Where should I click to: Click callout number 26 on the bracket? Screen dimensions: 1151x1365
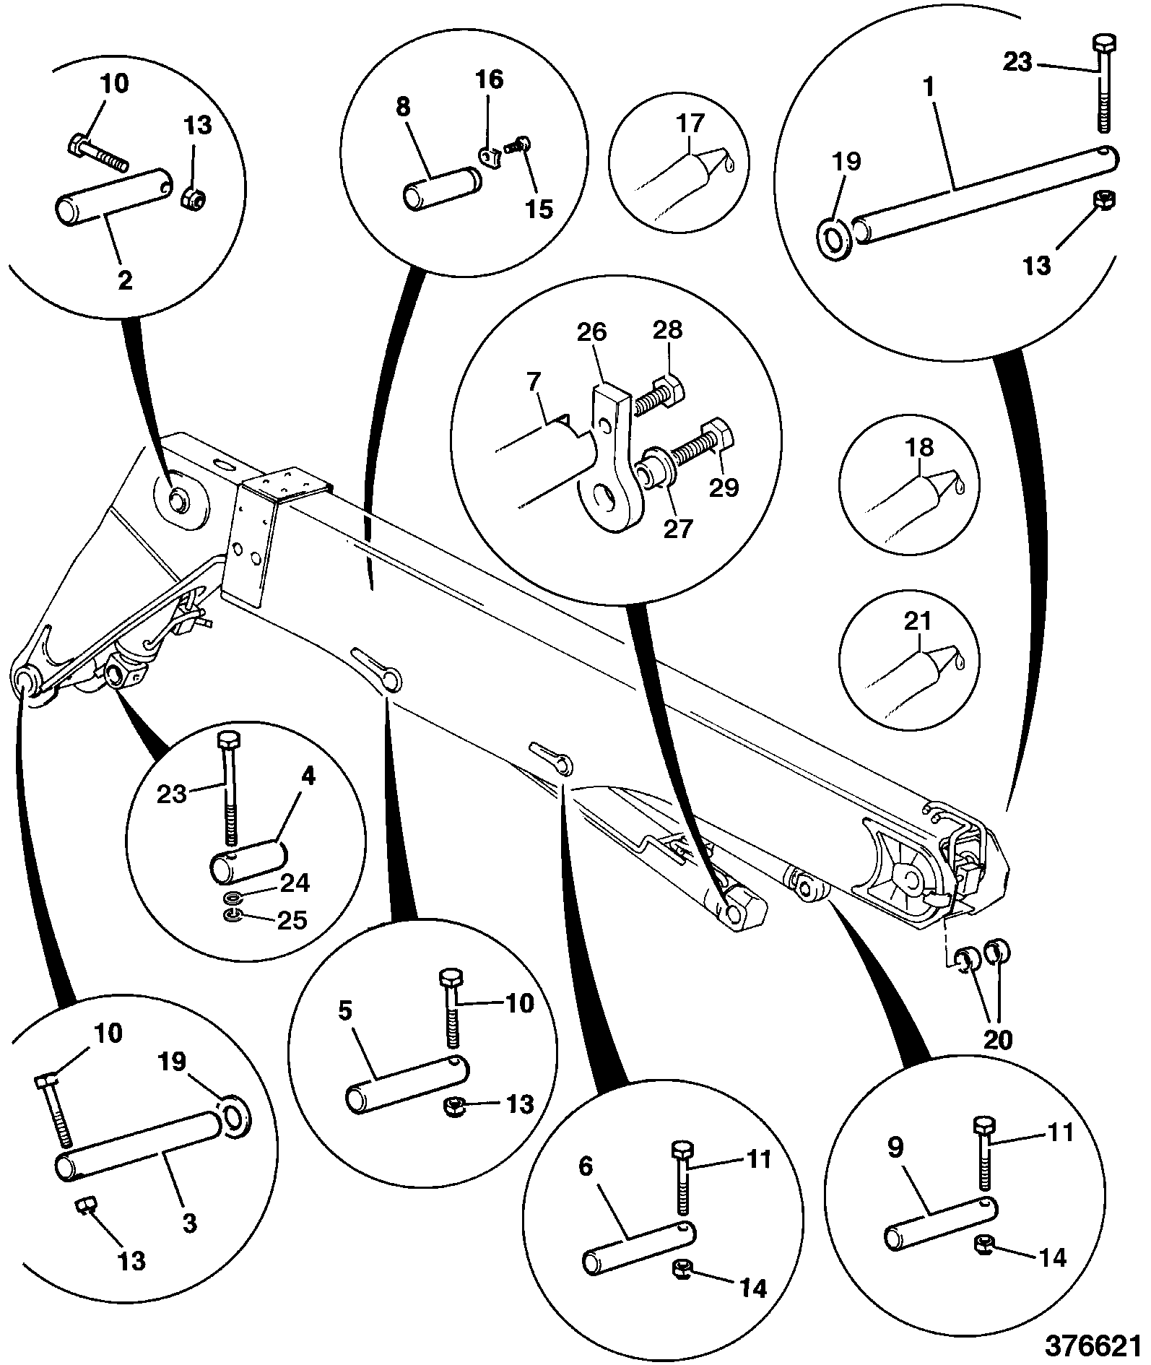point(591,333)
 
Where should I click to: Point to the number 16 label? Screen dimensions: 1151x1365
point(489,79)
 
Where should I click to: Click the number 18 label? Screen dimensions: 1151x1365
point(918,446)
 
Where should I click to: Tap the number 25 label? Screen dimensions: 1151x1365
point(292,919)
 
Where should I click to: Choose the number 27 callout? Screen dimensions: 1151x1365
point(677,528)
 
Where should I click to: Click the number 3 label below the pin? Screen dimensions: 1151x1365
point(189,1223)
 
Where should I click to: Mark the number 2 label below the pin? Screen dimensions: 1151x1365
point(125,280)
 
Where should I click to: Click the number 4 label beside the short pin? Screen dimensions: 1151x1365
point(308,776)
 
